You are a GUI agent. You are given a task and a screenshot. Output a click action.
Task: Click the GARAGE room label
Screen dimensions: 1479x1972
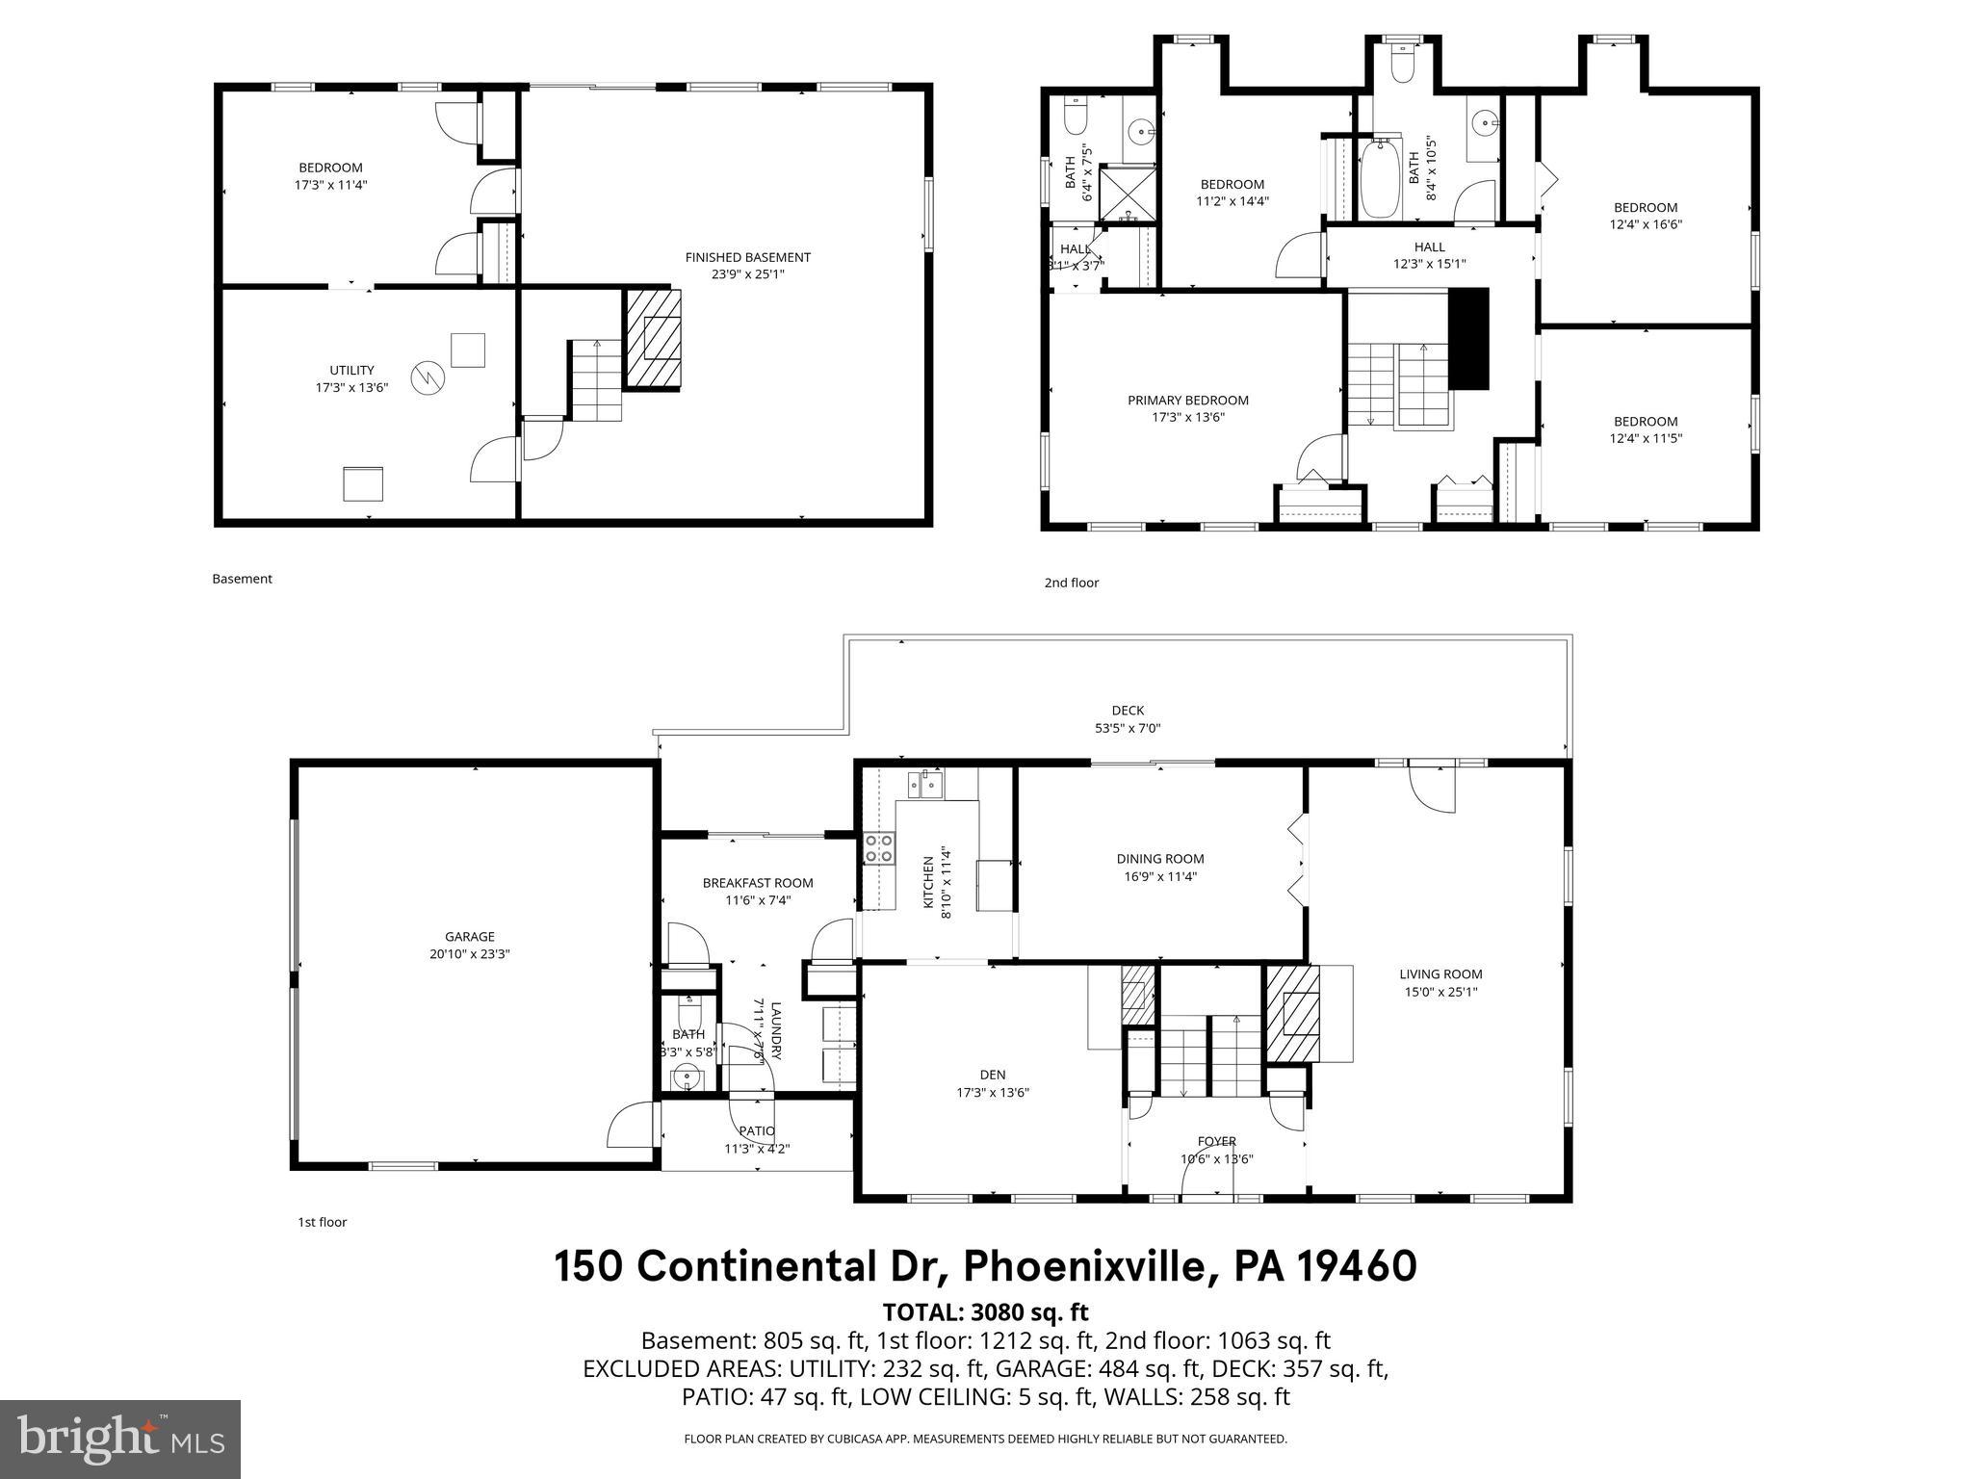point(469,936)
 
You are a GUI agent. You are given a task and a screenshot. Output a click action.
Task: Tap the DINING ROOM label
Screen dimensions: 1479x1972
point(1159,859)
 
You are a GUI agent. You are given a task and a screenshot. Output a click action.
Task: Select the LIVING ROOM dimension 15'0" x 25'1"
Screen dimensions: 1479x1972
point(1440,992)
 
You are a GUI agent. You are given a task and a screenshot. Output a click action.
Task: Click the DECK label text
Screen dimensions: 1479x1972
point(1128,711)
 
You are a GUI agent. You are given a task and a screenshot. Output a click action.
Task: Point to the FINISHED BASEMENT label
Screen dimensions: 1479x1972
point(747,257)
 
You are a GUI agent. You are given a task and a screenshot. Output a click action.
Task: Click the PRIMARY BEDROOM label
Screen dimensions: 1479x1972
point(1187,401)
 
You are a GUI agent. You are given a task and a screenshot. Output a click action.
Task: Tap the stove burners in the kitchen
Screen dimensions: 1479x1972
point(878,848)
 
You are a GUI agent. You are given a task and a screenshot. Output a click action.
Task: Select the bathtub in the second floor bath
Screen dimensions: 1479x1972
point(1381,179)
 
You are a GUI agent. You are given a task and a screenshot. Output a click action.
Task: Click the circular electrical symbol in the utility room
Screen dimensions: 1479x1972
point(426,377)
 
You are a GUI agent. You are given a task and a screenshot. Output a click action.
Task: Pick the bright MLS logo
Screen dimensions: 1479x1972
point(120,1439)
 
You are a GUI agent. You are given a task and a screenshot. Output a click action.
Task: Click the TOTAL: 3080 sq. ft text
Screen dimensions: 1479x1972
point(985,1311)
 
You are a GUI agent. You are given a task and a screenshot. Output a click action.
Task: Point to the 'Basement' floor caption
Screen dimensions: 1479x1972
point(242,579)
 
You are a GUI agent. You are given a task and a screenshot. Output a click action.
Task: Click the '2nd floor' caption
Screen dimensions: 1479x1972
point(1071,583)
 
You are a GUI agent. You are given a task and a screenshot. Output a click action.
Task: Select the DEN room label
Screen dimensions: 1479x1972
point(993,1075)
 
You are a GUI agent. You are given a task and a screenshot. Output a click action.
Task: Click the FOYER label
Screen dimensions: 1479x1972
point(1216,1142)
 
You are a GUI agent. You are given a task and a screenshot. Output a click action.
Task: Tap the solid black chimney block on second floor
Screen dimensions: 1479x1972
point(1468,338)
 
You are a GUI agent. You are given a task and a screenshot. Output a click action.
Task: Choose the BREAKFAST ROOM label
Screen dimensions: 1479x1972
point(757,883)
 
